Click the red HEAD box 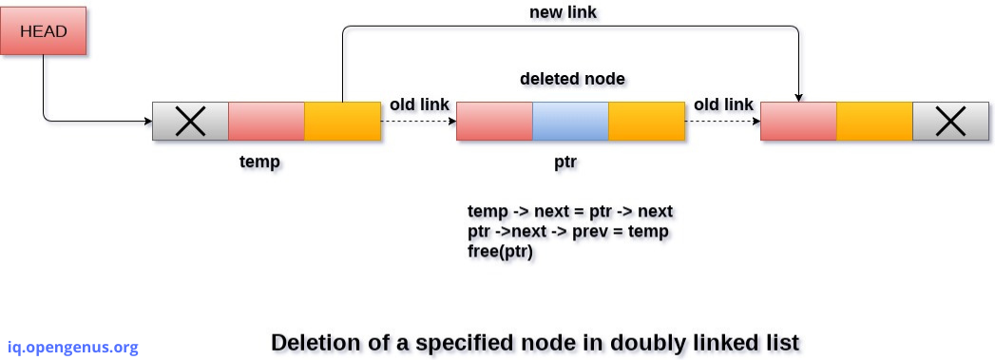44,32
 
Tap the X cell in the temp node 190,121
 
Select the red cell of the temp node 266,121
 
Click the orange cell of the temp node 342,121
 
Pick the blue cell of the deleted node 570,121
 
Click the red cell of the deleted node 494,121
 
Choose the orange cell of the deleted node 646,121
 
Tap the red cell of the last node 798,121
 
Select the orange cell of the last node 874,121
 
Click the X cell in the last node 950,121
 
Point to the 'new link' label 563,12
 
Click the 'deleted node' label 572,78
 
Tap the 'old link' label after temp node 419,104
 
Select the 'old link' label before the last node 723,104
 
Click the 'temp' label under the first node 259,161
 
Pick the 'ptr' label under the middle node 565,161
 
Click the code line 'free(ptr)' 500,252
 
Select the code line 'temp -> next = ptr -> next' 570,210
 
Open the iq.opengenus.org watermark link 72,347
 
